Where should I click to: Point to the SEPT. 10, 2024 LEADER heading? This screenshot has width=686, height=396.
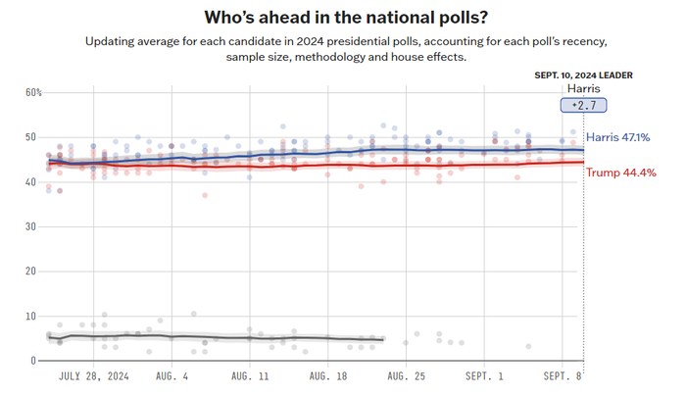584,74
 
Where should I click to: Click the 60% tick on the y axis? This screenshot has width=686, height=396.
33,92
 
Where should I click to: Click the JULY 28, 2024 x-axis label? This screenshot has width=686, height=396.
93,375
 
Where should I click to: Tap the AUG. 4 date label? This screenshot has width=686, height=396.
173,375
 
